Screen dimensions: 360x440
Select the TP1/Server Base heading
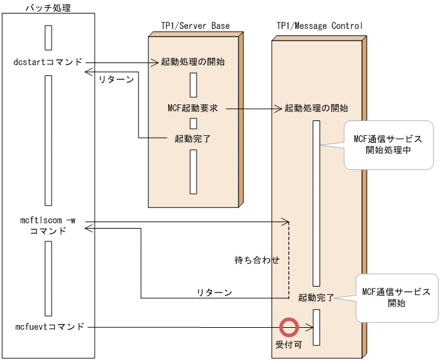pyautogui.click(x=195, y=26)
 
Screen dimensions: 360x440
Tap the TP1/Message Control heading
pyautogui.click(x=320, y=26)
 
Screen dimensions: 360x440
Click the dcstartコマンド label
pyautogui.click(x=48, y=62)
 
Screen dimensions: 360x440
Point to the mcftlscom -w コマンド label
pyautogui.click(x=48, y=225)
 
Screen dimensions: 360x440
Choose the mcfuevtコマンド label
pyautogui.click(x=48, y=327)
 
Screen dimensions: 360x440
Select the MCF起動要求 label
pyautogui.click(x=192, y=108)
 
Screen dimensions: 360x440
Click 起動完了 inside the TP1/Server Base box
pyautogui.click(x=193, y=138)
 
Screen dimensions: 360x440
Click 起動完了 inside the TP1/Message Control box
pyautogui.click(x=316, y=298)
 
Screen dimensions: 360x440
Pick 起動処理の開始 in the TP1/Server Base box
pyautogui.click(x=193, y=62)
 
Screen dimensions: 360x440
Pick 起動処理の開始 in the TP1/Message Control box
pyautogui.click(x=316, y=108)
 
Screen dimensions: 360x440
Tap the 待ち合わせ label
pyautogui.click(x=257, y=260)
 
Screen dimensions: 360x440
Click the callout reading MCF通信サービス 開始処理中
pyautogui.click(x=388, y=145)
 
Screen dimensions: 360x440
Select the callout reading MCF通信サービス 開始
pyautogui.click(x=396, y=297)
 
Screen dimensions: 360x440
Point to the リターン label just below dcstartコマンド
pyautogui.click(x=116, y=80)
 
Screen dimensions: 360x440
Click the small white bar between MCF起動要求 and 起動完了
pyautogui.click(x=193, y=123)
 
